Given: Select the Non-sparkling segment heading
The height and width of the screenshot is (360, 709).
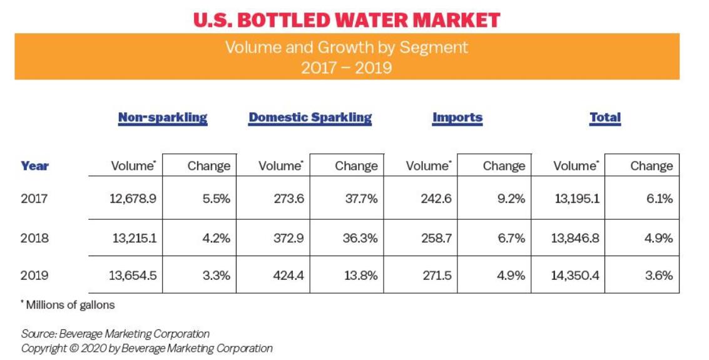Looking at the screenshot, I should point(163,118).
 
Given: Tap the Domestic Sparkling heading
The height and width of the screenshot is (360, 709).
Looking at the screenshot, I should point(310,118).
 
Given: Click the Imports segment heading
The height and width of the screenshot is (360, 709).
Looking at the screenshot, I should point(457,118).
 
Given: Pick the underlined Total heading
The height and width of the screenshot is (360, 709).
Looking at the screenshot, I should point(605,118).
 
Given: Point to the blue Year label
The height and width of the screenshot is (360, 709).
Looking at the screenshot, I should point(34,166).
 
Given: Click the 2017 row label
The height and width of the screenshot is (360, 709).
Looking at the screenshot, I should point(34,199).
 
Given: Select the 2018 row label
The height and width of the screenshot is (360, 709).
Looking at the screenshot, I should point(34,238).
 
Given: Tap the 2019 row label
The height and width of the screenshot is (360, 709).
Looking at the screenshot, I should point(34,275).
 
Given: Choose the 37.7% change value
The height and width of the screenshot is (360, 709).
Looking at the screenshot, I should point(360,199).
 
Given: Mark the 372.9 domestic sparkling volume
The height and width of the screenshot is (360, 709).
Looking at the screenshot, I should point(288,238).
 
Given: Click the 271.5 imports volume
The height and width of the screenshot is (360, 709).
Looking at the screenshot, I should point(436,275).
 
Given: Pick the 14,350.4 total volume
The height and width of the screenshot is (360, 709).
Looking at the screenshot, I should point(574,275).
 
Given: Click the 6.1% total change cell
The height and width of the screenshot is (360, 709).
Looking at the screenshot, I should point(658,199).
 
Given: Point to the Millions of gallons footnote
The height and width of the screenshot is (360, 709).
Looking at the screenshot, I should point(70,306).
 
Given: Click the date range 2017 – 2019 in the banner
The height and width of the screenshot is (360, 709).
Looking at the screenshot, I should point(346,68).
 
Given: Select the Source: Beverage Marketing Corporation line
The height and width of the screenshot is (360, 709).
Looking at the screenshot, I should point(115,334).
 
